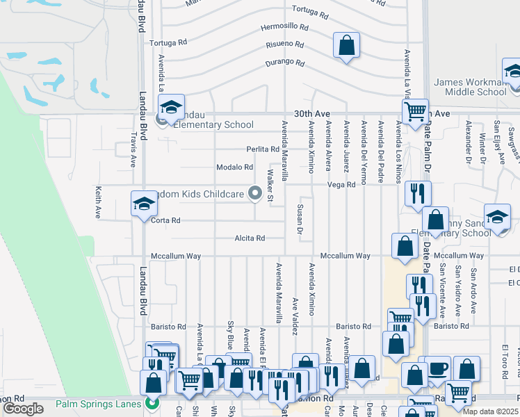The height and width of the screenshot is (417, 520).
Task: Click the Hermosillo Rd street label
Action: pyautogui.click(x=284, y=27)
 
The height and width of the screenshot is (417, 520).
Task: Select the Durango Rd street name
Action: pyautogui.click(x=285, y=63)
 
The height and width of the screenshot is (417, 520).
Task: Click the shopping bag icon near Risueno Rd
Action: pyautogui.click(x=346, y=47)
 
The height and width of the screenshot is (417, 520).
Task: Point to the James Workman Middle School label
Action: pyautogui.click(x=471, y=87)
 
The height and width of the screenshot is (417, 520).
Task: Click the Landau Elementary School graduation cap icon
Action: pyautogui.click(x=170, y=108)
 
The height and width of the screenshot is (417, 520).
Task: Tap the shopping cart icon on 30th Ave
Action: pyautogui.click(x=415, y=111)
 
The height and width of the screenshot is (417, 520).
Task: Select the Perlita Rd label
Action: pyautogui.click(x=263, y=149)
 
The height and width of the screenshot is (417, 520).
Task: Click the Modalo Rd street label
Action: pyautogui.click(x=234, y=167)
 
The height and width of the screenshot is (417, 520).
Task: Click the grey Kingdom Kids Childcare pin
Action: pyautogui.click(x=256, y=195)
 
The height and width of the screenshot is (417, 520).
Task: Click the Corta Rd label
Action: pyautogui.click(x=166, y=220)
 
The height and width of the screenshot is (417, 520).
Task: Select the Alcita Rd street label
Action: pyautogui.click(x=249, y=238)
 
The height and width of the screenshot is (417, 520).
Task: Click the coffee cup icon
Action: pyautogui.click(x=438, y=369)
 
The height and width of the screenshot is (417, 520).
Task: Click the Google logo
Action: pyautogui.click(x=23, y=409)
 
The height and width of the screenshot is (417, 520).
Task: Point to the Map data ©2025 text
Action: pyautogui.click(x=490, y=411)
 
